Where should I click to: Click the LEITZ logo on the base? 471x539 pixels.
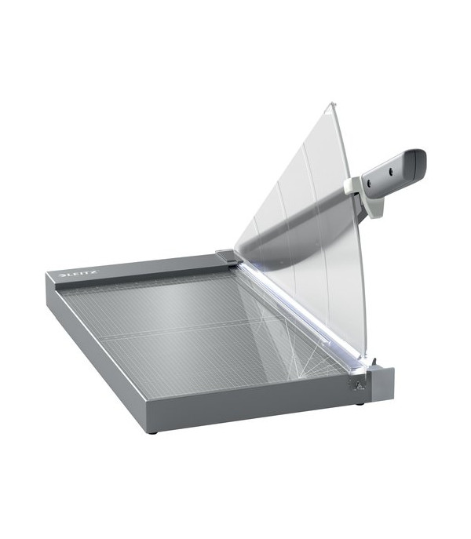point(79,274)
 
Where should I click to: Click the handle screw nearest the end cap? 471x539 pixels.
point(391,170)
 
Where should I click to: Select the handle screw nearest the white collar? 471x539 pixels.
point(369,184)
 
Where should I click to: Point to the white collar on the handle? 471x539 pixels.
point(365,197)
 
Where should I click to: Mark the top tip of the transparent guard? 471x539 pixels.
point(332,102)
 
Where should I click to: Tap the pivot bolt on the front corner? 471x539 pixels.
point(358,385)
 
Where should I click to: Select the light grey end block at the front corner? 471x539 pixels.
point(382,384)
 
